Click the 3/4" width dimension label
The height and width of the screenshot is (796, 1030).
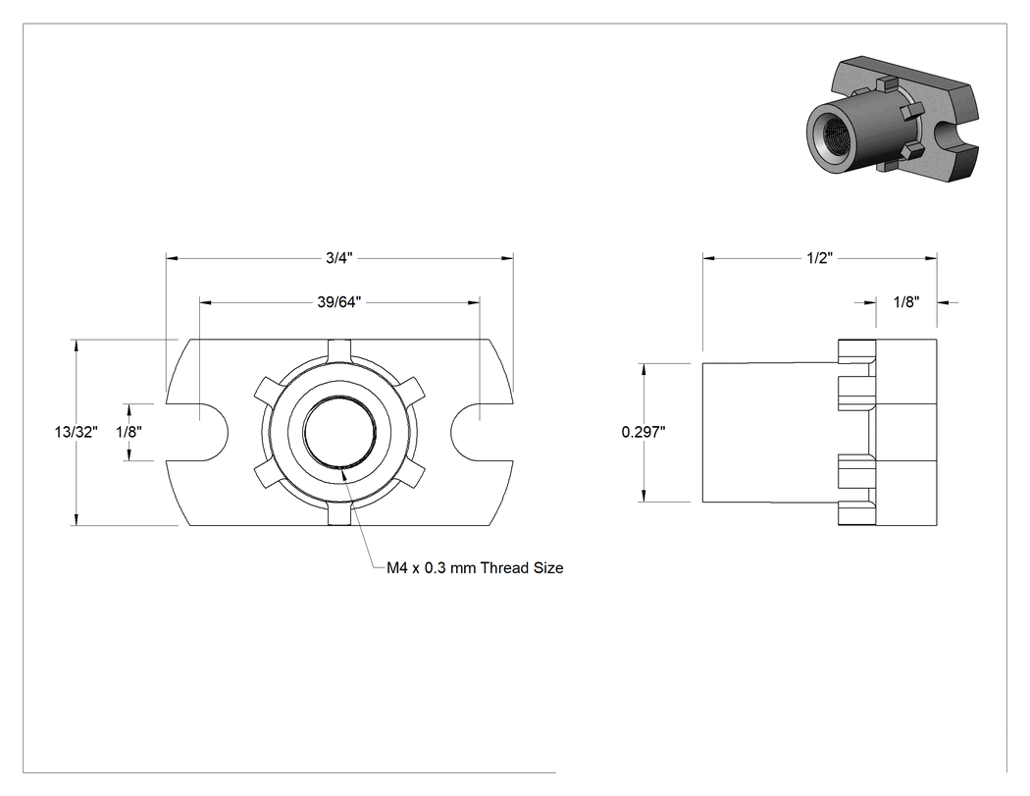pos(339,258)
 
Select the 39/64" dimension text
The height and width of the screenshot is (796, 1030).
pos(339,302)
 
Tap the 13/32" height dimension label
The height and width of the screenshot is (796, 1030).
pos(77,432)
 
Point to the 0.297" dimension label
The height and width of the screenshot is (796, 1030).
pos(644,432)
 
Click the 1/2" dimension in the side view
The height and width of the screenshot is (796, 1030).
pos(820,258)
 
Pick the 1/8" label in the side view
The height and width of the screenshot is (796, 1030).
pos(906,302)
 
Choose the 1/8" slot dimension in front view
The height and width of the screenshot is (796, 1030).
pos(129,432)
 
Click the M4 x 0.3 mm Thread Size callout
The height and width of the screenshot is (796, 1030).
pos(475,568)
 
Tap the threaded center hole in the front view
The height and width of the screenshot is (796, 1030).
pos(339,432)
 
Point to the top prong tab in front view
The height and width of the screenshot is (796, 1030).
pos(339,349)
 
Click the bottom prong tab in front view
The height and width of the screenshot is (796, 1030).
pos(339,514)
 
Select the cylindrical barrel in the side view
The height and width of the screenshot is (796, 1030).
pos(770,433)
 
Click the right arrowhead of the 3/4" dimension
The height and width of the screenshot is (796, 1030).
pos(508,258)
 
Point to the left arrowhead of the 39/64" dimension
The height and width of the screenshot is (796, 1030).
pos(206,302)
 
